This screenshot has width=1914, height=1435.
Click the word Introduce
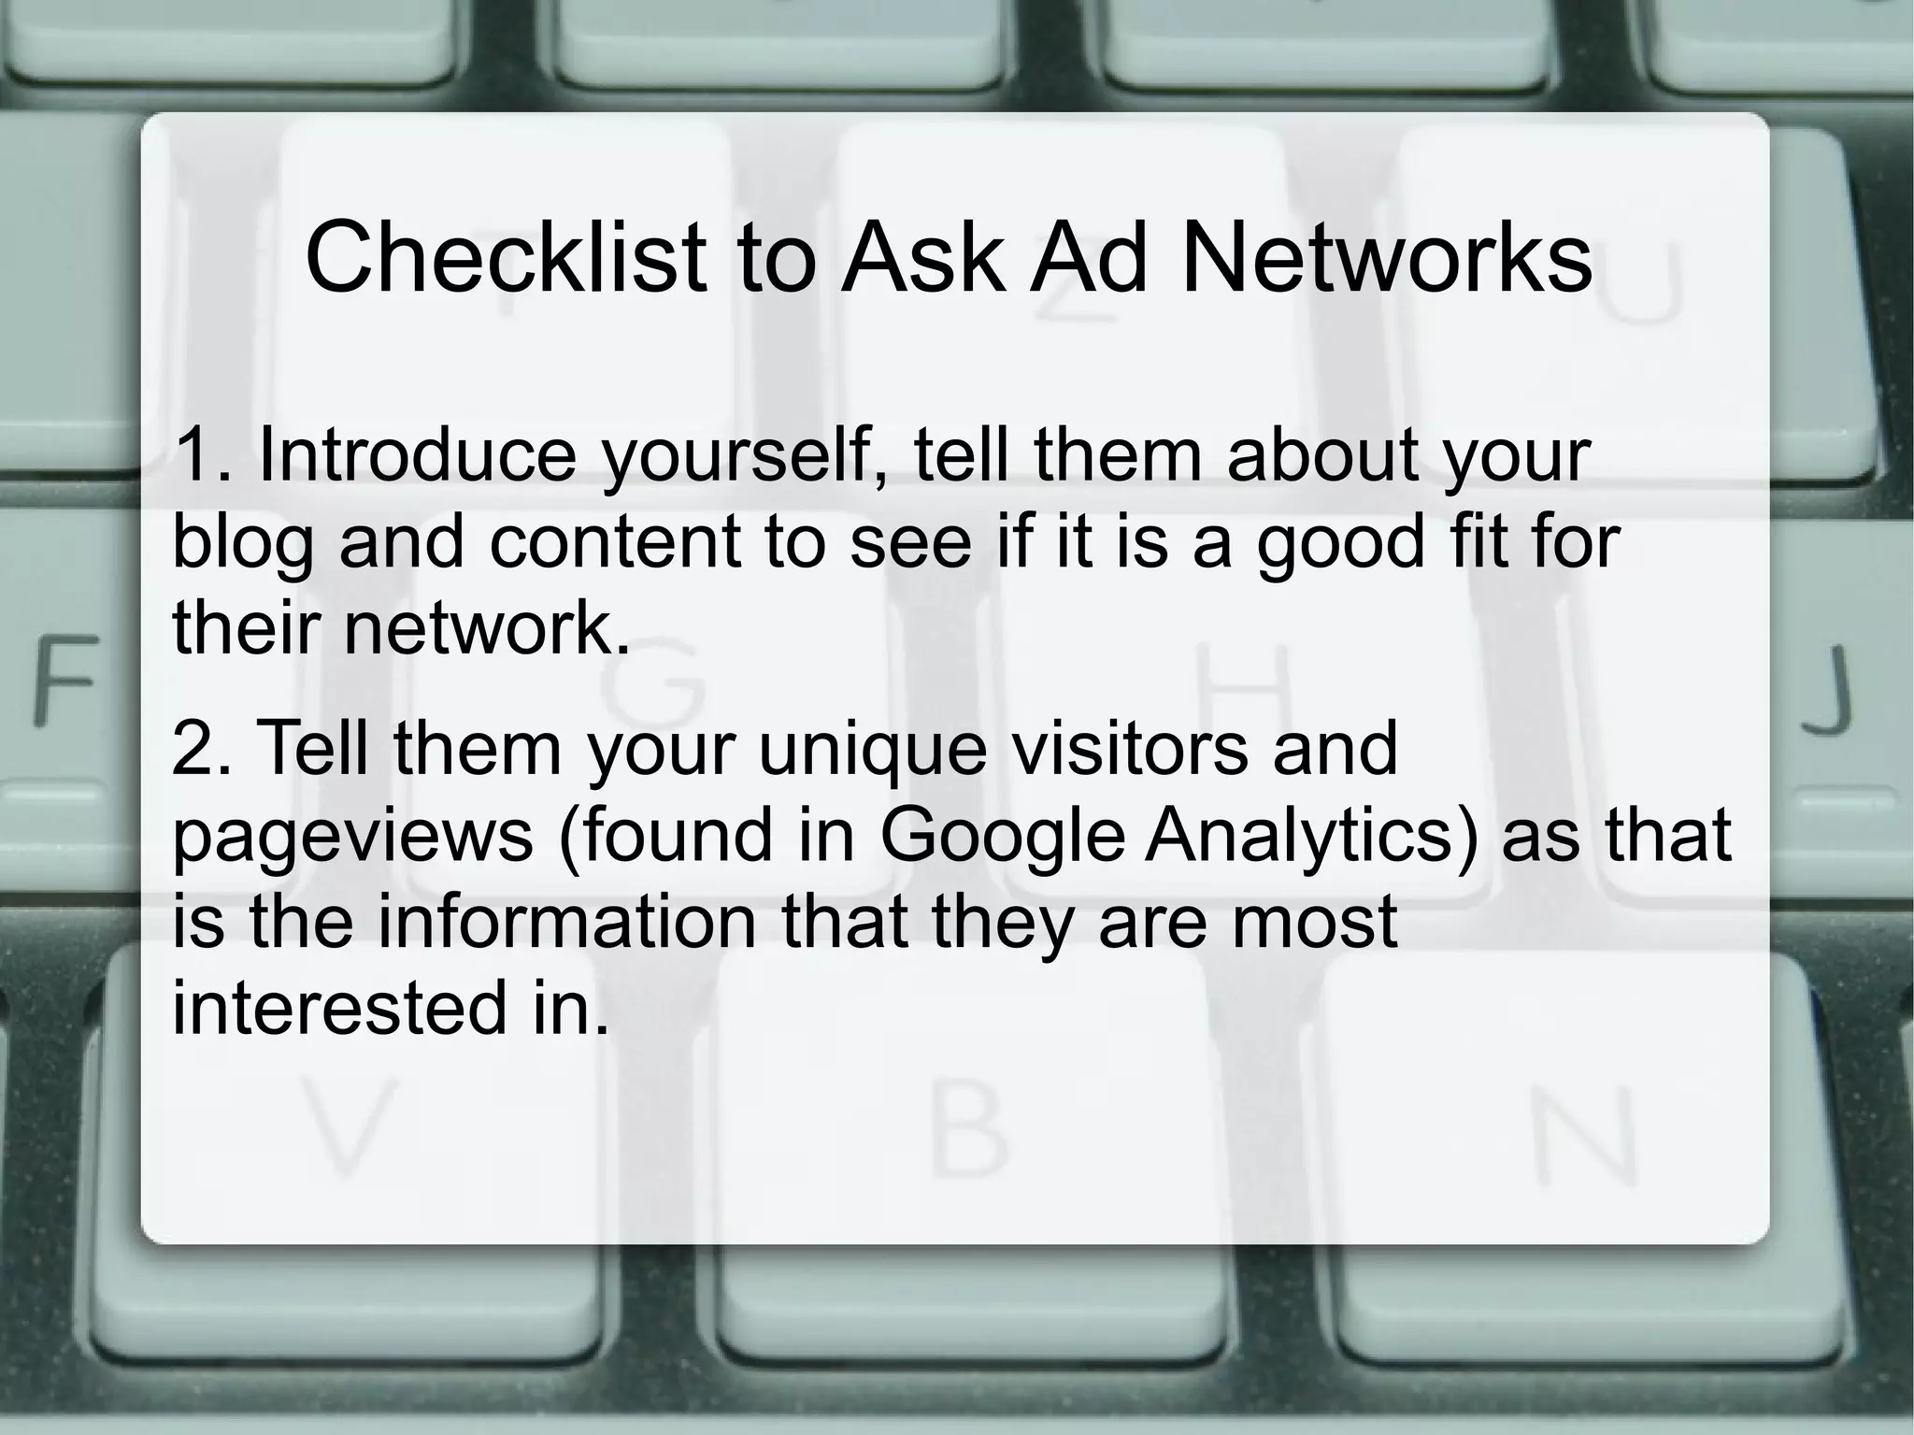tap(417, 454)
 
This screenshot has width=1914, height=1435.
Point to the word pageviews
tap(353, 838)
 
